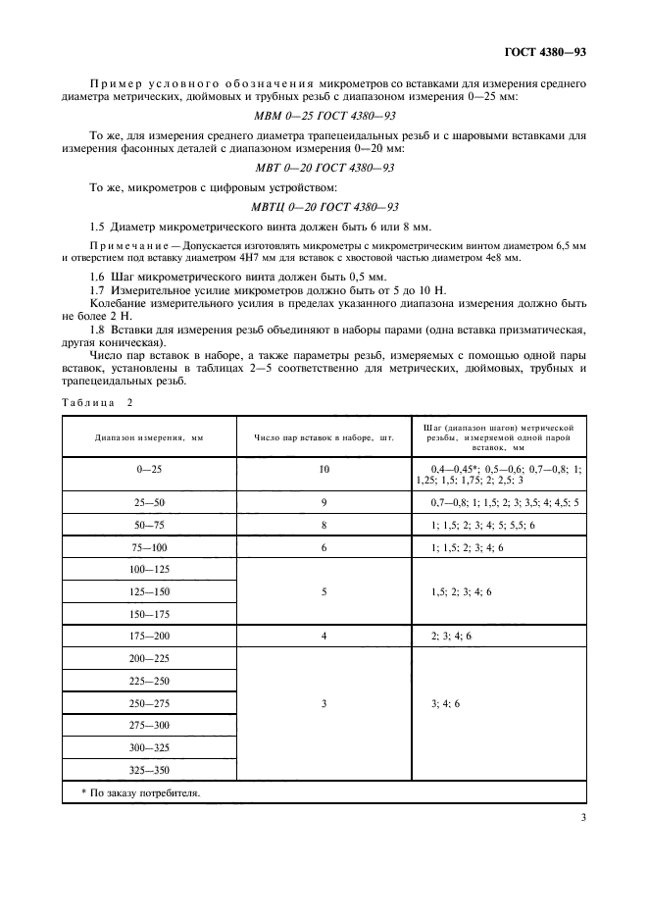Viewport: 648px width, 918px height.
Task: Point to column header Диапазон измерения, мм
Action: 149,437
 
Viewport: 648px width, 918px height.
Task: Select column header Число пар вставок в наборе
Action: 324,437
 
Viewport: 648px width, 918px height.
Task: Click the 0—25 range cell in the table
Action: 149,470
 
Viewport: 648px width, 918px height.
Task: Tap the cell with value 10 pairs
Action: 324,470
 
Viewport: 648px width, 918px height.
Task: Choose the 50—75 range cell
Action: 149,525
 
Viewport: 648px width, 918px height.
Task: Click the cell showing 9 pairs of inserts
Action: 324,501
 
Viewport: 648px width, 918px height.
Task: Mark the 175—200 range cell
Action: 149,636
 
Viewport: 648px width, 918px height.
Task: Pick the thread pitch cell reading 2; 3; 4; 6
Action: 452,636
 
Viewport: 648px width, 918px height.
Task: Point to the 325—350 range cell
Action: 149,771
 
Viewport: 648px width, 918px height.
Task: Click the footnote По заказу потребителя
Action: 137,793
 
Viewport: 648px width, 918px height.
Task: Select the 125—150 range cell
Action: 149,591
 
